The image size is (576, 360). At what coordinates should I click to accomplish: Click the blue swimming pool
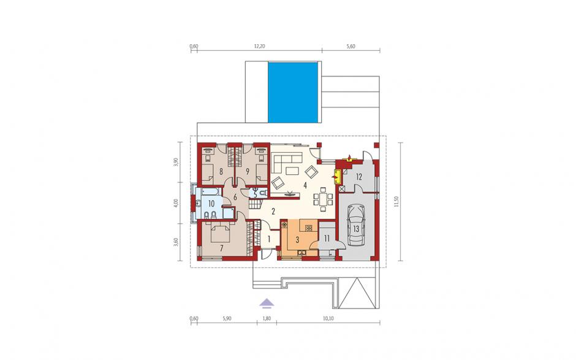tap(293, 92)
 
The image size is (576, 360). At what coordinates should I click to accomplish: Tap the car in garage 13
tap(356, 224)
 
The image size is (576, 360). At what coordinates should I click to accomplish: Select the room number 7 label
tap(221, 248)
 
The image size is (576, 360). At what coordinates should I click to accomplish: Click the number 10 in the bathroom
tap(211, 204)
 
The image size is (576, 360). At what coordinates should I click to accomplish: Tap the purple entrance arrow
tap(267, 302)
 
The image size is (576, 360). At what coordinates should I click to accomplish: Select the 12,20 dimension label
tap(259, 47)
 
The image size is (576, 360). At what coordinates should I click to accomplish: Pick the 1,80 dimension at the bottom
tap(267, 319)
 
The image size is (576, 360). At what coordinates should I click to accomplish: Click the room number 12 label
tap(358, 177)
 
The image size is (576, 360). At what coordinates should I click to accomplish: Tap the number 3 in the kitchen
tap(298, 240)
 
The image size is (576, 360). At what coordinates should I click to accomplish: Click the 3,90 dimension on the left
tap(176, 163)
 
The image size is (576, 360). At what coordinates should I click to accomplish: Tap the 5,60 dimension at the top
tap(351, 47)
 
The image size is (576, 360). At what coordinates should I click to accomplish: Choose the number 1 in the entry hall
tap(269, 239)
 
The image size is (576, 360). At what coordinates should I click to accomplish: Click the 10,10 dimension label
tap(328, 319)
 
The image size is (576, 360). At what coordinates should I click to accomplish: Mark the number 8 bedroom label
tap(221, 171)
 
